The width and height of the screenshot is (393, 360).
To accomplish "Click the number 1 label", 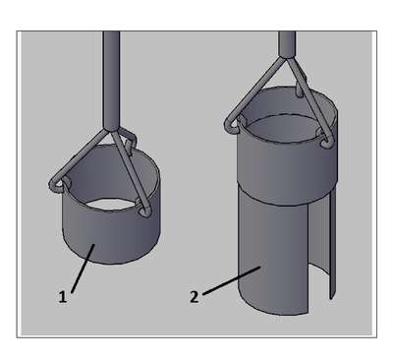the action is click(x=62, y=297).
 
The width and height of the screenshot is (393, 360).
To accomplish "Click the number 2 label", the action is click(x=195, y=297).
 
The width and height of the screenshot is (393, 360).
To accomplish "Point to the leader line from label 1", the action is click(x=83, y=268).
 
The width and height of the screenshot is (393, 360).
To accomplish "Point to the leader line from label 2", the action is click(x=232, y=280).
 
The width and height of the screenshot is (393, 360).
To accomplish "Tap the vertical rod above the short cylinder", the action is click(x=111, y=82).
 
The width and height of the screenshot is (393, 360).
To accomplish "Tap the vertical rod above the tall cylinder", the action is click(x=287, y=44).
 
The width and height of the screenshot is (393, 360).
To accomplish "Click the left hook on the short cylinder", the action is click(x=58, y=184).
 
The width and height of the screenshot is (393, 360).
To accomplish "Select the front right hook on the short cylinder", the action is click(x=143, y=210).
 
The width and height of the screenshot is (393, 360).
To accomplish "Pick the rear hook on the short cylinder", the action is click(x=131, y=144).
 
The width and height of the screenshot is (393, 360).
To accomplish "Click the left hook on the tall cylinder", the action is click(x=234, y=124).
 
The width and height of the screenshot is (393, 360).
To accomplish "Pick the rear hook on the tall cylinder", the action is click(x=300, y=88).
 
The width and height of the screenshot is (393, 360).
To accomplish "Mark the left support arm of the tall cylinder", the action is click(x=254, y=90).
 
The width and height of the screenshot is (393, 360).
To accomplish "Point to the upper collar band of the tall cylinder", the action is click(x=287, y=167).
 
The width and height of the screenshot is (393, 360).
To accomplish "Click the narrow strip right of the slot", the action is click(x=332, y=246).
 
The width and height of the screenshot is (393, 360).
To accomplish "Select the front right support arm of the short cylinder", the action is click(x=129, y=170).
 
